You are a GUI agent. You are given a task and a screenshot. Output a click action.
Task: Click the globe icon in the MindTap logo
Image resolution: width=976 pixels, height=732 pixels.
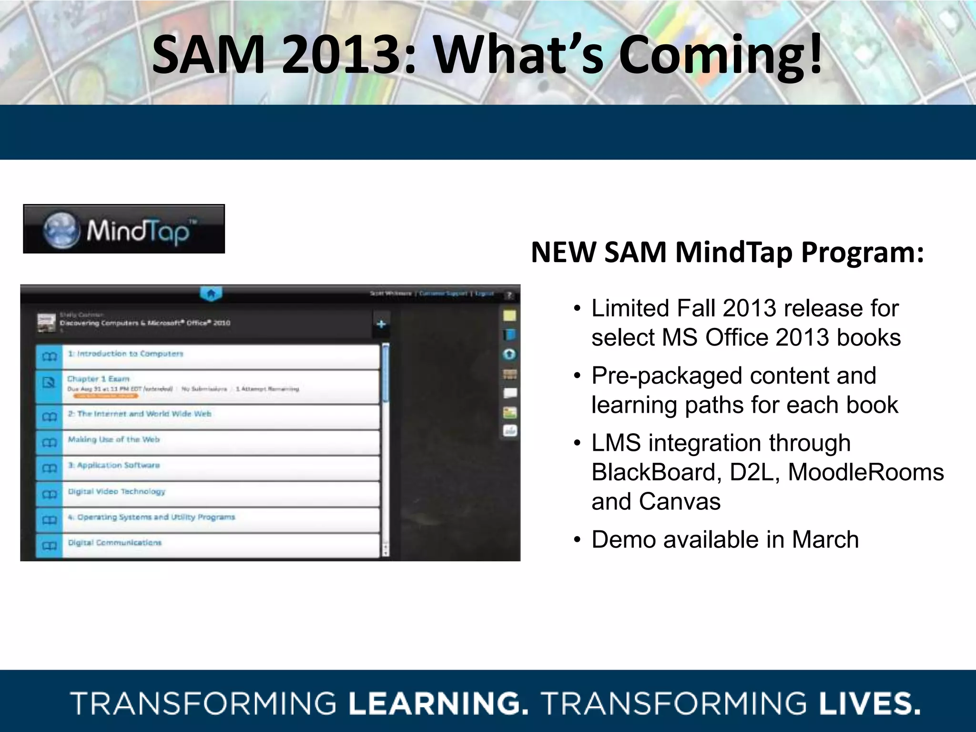61,230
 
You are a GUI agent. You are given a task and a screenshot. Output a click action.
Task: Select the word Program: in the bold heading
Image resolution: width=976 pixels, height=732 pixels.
862,252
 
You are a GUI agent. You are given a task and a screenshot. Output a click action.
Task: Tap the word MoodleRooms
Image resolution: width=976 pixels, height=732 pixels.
865,472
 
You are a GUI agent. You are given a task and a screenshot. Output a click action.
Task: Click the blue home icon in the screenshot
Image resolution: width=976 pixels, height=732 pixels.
211,294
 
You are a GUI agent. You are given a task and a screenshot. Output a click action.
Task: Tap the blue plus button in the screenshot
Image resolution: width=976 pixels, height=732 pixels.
381,325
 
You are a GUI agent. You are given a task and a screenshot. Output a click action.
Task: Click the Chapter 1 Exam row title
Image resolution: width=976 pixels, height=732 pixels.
98,379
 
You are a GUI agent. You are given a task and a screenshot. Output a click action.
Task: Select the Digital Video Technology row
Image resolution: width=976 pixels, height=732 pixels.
116,491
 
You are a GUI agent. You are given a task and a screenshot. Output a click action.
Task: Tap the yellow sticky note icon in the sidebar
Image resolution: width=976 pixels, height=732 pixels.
509,315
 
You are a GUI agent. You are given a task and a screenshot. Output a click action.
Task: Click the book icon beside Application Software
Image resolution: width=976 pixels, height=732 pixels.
49,468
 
